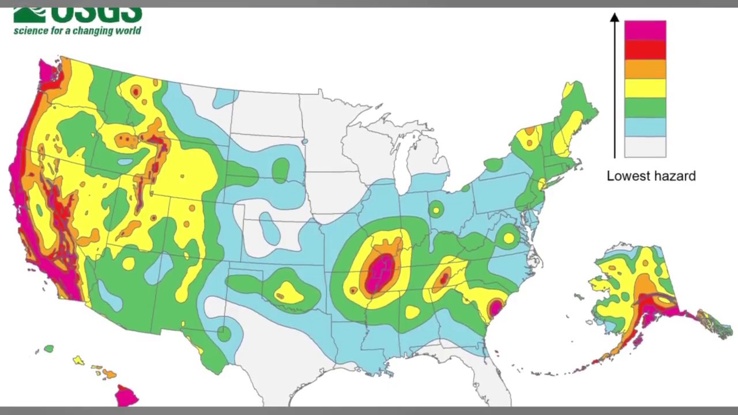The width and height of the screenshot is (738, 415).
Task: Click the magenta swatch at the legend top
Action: click(x=645, y=31)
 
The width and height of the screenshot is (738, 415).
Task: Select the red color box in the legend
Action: click(x=645, y=50)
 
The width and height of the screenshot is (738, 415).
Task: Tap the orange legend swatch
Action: click(x=645, y=69)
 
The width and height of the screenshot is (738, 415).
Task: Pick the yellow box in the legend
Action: click(x=645, y=88)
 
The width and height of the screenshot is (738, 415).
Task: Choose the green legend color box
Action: click(x=645, y=108)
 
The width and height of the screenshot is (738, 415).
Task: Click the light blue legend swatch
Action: click(x=645, y=127)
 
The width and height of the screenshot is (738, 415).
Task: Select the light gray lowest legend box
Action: click(x=645, y=147)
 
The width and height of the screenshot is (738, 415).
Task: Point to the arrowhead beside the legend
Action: click(x=615, y=18)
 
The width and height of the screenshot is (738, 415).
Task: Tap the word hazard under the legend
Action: click(x=675, y=176)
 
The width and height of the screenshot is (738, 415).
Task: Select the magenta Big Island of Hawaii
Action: click(x=126, y=396)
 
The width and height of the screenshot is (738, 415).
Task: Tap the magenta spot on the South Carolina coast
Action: click(x=495, y=307)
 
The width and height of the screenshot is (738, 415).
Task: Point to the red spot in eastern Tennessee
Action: click(x=443, y=280)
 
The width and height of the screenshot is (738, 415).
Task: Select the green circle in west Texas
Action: click(x=224, y=333)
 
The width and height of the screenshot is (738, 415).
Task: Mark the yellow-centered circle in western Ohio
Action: click(x=436, y=210)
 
